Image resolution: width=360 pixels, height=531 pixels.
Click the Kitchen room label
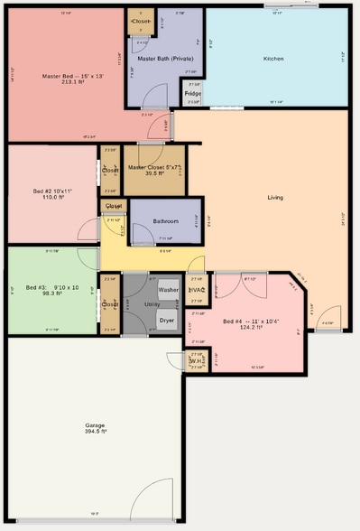click(x=273, y=59)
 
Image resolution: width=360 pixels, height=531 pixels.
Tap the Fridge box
click(x=192, y=93)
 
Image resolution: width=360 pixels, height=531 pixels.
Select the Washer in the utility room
click(x=168, y=291)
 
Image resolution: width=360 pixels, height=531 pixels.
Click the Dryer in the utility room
click(x=167, y=320)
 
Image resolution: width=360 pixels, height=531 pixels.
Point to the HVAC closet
click(x=197, y=290)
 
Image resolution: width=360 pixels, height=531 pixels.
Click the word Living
click(x=275, y=197)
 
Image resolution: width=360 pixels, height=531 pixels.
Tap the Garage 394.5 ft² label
click(x=95, y=428)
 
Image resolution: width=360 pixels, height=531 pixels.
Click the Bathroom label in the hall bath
click(x=165, y=221)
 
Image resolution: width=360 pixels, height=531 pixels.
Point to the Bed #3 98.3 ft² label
click(x=52, y=290)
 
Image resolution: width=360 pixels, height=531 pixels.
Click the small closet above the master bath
click(x=141, y=21)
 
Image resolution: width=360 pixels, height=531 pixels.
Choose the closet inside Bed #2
click(x=110, y=170)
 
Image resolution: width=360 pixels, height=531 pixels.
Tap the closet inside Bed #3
click(x=110, y=305)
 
